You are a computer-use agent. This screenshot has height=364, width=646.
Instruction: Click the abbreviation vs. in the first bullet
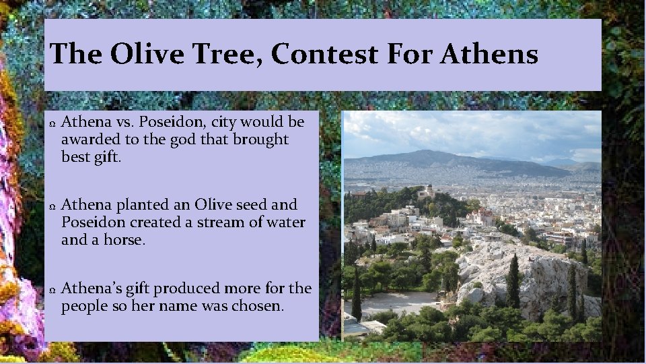[123, 122]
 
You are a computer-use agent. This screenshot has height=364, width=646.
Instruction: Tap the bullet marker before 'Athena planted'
[52, 206]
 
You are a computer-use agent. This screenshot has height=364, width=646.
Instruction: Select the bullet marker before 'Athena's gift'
[52, 290]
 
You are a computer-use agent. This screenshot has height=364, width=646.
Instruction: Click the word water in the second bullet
[285, 222]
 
